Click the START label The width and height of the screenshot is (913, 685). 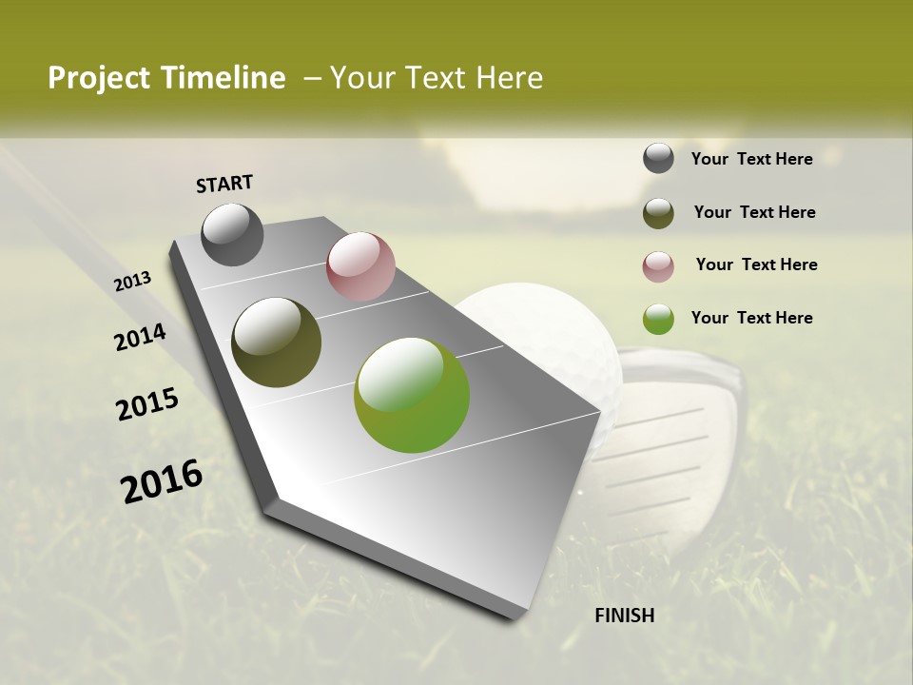pos(224,184)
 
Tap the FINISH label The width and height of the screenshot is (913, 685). pos(625,616)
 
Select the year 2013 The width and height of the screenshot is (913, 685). pos(133,282)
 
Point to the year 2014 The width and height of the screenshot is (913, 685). pos(141,338)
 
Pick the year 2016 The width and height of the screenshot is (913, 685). pos(162,481)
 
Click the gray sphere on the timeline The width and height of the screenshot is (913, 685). pos(232,234)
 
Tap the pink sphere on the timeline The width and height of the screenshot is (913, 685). pos(360,266)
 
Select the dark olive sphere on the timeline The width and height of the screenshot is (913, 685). pos(276,342)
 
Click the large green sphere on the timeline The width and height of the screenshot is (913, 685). pos(412,395)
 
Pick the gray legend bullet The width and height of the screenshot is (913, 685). pos(658,159)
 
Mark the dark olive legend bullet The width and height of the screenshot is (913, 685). pos(658,213)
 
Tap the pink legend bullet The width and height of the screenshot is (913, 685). pos(658,266)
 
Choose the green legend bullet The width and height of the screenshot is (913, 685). pos(658,319)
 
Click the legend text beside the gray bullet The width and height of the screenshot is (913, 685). pos(752,160)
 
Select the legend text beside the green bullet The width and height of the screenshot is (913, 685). pos(752,318)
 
